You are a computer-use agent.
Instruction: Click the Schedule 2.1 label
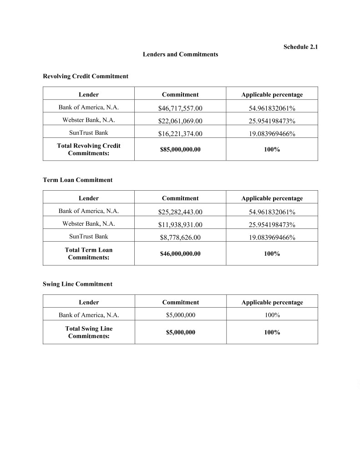(300, 47)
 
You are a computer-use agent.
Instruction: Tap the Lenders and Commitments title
(180, 55)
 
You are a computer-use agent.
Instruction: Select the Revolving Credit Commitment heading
(86, 76)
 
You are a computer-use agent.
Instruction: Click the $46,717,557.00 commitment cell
(180, 108)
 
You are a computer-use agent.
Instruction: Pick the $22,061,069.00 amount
(180, 121)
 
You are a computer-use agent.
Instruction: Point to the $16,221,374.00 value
(180, 134)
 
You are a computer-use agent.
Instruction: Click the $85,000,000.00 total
(180, 149)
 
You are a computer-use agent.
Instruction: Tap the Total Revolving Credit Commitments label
(89, 149)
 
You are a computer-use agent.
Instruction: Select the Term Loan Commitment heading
(77, 180)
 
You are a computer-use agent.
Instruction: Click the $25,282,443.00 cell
(180, 212)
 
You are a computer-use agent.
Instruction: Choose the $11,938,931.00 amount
(180, 225)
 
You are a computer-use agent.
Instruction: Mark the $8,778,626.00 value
(180, 238)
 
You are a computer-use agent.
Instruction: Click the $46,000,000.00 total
(180, 253)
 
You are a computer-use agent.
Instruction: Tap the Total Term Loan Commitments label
(89, 253)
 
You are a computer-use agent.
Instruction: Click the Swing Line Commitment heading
(77, 284)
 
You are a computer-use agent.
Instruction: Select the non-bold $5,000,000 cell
(180, 315)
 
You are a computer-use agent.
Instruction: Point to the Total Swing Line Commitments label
(89, 332)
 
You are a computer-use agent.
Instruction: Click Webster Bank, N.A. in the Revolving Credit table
(89, 121)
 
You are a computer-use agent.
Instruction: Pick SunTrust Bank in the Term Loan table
(89, 237)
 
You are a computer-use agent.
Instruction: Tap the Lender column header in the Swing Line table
(89, 302)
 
